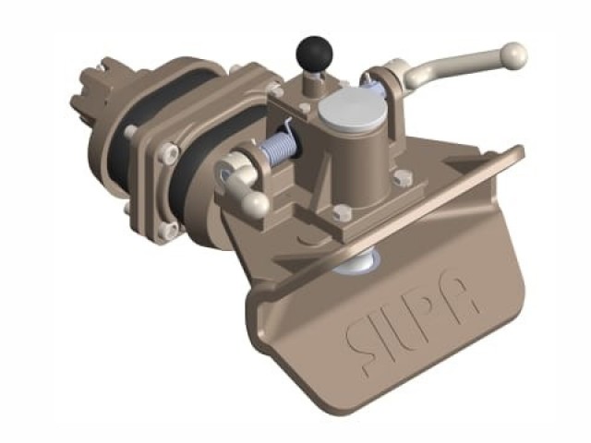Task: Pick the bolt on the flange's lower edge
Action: coord(165,230)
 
